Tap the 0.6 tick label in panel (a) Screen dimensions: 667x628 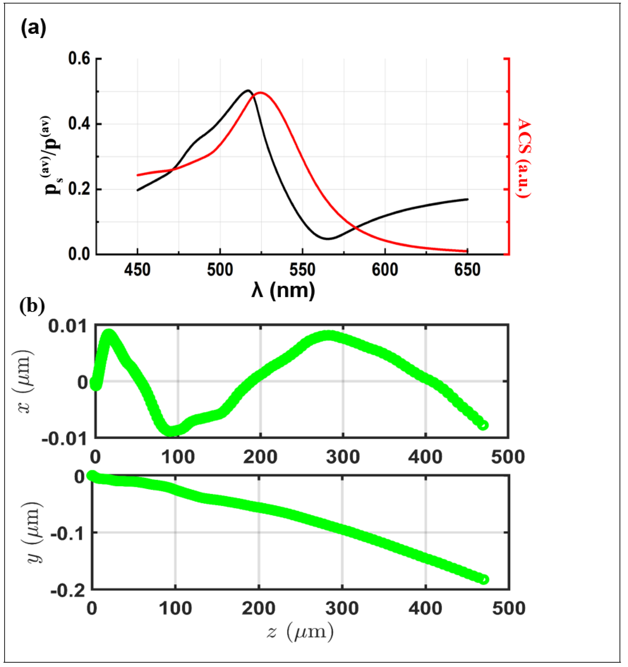pos(79,59)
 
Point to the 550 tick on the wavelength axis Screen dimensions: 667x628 pos(303,270)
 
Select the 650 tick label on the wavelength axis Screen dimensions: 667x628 pos(467,270)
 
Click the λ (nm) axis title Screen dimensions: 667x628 pos(283,290)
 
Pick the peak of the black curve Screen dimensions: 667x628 pos(248,90)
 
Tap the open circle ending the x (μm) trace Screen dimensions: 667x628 pos(483,425)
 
